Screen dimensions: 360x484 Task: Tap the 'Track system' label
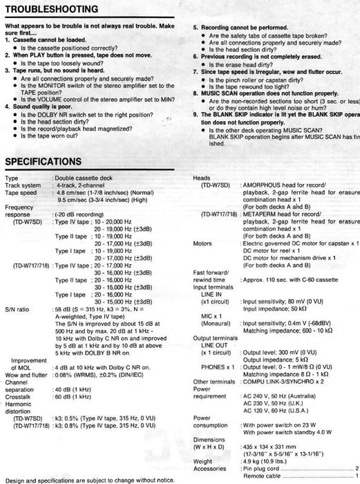click(x=23, y=186)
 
